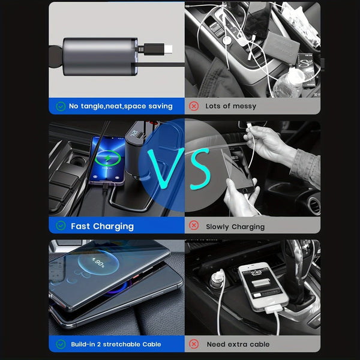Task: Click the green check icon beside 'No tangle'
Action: pyautogui.click(x=61, y=106)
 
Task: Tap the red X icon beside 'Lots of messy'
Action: pyautogui.click(x=194, y=106)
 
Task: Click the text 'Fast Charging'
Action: pyautogui.click(x=102, y=226)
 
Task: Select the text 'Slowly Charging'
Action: pyautogui.click(x=235, y=227)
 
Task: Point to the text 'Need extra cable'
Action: pyautogui.click(x=238, y=344)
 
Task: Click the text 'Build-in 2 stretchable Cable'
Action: pyautogui.click(x=116, y=344)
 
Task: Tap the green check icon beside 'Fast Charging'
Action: pyautogui.click(x=61, y=226)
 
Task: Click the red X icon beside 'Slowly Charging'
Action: pyautogui.click(x=194, y=226)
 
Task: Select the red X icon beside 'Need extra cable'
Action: pyautogui.click(x=194, y=344)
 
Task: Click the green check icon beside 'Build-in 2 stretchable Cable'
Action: pyautogui.click(x=61, y=344)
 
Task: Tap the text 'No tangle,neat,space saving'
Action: pyautogui.click(x=121, y=106)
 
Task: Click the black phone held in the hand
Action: pyautogui.click(x=240, y=174)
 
